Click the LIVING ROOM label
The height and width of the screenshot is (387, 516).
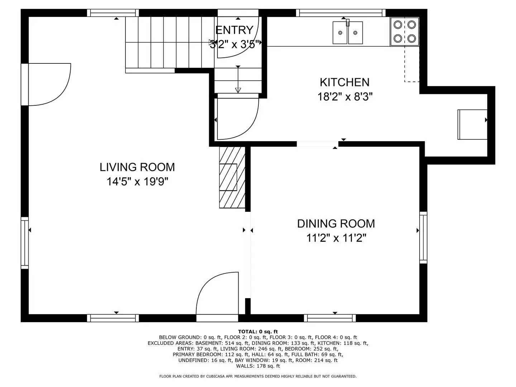coord(137,167)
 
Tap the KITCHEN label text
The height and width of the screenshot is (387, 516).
coord(344,82)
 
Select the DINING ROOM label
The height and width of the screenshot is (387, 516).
coord(336,224)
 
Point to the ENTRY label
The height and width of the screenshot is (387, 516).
coord(234,30)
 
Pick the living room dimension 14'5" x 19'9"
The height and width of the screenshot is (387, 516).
coord(137,182)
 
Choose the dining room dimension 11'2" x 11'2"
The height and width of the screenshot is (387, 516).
coord(336,238)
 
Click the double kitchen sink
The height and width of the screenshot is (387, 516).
coord(348,33)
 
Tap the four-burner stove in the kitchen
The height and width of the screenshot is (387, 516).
coord(405,32)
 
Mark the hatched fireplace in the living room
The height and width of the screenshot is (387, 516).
coord(232,177)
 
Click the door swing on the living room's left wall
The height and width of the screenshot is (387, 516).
coord(48,85)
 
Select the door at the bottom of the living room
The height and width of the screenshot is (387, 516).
coord(217,296)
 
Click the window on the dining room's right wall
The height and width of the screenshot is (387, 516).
coord(423,238)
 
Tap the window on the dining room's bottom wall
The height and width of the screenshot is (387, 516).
coord(330,318)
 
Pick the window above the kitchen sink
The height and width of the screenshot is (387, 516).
coord(341,13)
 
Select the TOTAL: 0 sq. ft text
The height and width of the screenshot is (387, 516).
coord(258,331)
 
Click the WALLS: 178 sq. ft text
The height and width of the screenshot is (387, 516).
coord(258,366)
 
